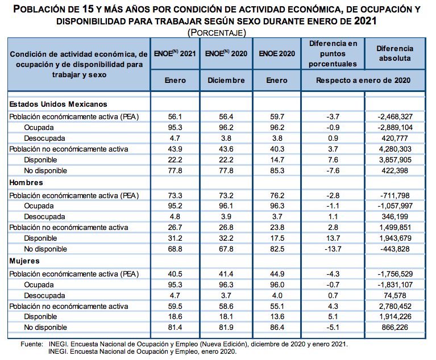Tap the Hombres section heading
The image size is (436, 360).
[26, 183]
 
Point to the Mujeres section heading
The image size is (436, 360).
[24, 261]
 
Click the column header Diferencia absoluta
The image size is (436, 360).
[395, 53]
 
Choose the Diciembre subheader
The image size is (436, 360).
[226, 80]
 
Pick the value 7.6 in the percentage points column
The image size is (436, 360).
[334, 160]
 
